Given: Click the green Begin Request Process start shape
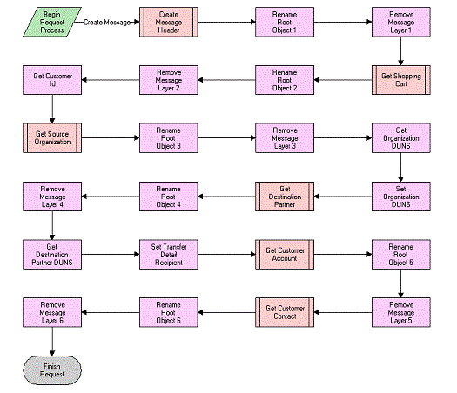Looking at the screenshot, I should [x=51, y=23].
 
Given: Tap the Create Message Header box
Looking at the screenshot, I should [x=168, y=23].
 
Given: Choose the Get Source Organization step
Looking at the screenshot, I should [x=51, y=137].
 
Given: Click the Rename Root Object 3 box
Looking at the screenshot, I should [x=168, y=137].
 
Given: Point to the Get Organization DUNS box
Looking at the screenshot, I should [x=400, y=137].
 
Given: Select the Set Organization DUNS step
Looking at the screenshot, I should [x=400, y=195].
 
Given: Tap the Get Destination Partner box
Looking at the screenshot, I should [x=284, y=195].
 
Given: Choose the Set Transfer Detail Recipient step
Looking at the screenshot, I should [x=168, y=252].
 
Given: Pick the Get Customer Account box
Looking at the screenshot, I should [x=284, y=252].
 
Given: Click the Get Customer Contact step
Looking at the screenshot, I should [x=284, y=310].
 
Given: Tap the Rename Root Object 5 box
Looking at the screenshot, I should [x=400, y=252].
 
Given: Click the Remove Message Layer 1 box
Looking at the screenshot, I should [x=400, y=23].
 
